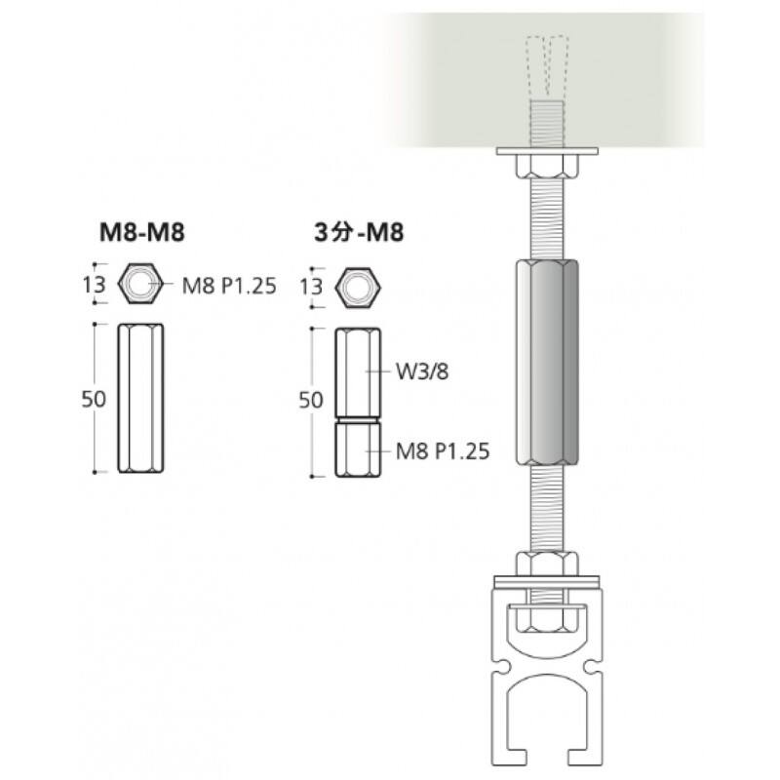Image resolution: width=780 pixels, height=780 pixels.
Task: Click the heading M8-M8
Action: point(142,232)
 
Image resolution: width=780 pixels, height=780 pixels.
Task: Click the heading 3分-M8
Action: point(359,232)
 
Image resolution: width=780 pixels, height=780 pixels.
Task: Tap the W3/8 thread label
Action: point(422,371)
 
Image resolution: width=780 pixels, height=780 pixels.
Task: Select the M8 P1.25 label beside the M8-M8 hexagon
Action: point(229,286)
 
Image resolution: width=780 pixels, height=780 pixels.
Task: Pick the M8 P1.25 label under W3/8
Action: point(443,451)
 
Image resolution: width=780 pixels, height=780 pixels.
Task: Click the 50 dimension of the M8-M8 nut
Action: point(94,399)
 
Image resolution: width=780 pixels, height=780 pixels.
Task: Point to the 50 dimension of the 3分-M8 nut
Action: point(310,400)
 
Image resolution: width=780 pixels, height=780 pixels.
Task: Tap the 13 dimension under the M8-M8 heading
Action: point(94,285)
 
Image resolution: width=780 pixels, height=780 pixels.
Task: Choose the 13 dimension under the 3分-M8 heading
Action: point(311,287)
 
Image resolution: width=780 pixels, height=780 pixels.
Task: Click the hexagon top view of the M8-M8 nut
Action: point(140,283)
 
